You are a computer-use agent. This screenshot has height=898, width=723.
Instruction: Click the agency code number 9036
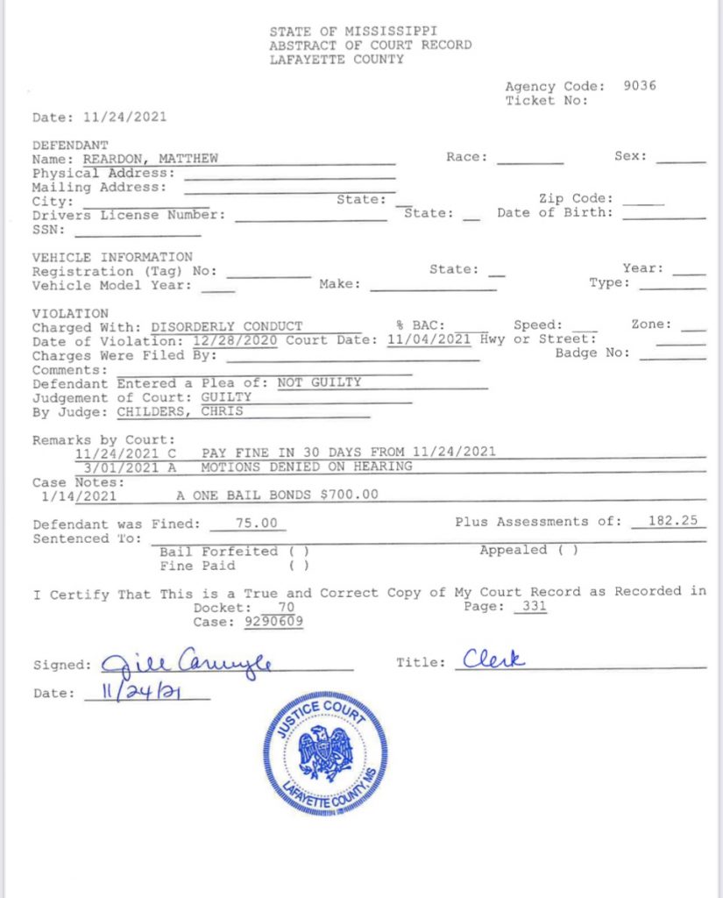tap(639, 86)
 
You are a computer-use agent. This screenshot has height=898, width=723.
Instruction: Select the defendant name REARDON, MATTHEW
tap(150, 159)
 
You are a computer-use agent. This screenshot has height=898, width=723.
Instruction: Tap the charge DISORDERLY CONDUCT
tap(226, 325)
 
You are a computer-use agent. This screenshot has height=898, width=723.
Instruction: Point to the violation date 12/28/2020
tap(218, 339)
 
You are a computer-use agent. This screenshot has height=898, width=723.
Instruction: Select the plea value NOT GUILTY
tap(319, 382)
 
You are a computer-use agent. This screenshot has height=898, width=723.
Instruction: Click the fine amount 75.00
tap(259, 523)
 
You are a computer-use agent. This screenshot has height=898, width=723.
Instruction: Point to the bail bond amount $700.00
tap(350, 495)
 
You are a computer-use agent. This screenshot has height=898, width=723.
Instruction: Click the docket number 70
tap(286, 607)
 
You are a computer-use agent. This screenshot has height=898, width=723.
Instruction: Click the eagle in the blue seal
tap(326, 752)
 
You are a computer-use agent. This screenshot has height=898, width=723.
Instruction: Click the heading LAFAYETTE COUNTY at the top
tap(337, 60)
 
